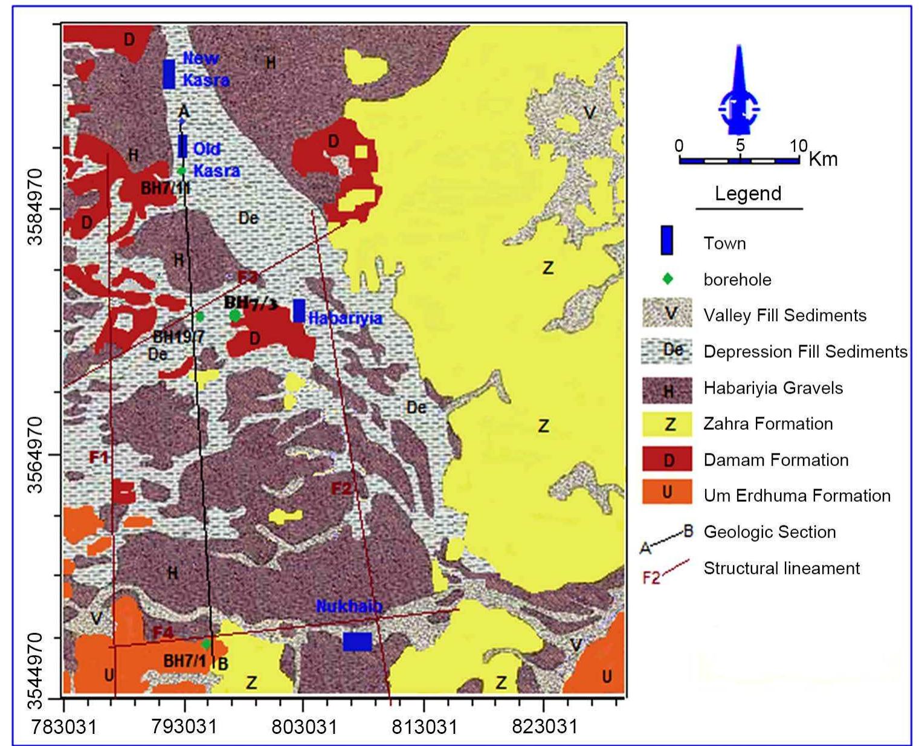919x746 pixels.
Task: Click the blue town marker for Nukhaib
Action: tap(357, 641)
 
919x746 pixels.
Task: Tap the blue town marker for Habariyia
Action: tap(298, 310)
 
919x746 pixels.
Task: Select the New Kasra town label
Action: tap(205, 69)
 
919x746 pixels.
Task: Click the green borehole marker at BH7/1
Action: tap(206, 644)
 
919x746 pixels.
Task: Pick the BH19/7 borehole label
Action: tap(178, 337)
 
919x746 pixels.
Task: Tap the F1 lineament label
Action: tap(99, 456)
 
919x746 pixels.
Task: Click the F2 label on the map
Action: tap(341, 487)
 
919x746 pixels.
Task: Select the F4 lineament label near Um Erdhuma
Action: tap(163, 633)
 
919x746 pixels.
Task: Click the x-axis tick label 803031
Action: tap(303, 726)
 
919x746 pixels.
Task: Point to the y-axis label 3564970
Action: tap(36, 455)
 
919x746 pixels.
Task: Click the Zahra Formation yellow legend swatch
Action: tap(667, 424)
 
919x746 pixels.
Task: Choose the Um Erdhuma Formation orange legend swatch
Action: tap(667, 492)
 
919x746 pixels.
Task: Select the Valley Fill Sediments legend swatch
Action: tap(667, 314)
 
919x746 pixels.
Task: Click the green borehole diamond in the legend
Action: tap(667, 279)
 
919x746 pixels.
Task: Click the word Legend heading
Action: tap(748, 193)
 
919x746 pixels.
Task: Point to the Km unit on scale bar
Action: tap(823, 159)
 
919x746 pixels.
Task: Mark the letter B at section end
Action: tap(222, 664)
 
